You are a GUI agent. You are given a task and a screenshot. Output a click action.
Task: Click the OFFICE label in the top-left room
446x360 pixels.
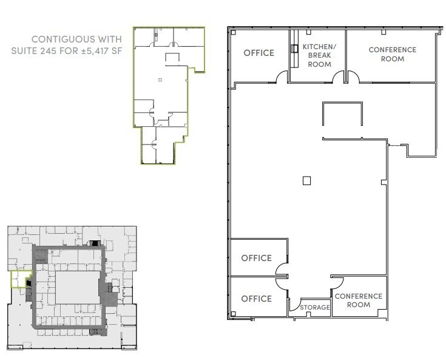pos(258,53)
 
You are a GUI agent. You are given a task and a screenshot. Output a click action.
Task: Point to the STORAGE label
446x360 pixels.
pos(315,308)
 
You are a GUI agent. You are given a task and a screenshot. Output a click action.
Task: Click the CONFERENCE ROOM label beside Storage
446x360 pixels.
pos(359,300)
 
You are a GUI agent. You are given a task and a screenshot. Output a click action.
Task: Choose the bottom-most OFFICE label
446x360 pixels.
pos(256,299)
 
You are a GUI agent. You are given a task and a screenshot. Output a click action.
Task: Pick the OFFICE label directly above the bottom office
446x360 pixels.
pos(256,258)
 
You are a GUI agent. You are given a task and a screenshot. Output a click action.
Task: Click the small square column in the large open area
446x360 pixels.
pos(307,180)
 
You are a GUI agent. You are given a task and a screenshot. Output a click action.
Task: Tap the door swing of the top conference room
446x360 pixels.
pos(353,77)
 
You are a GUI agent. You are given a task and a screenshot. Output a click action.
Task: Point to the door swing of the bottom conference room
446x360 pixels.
pos(335,282)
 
